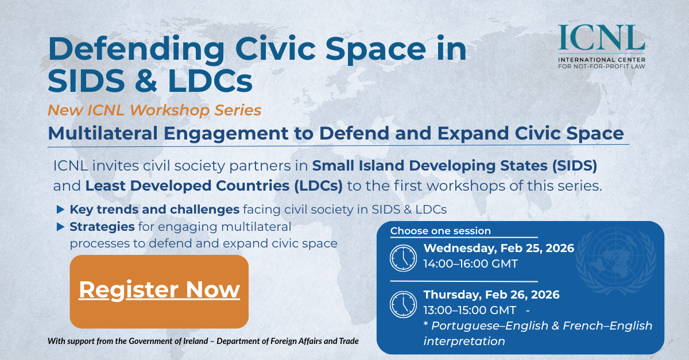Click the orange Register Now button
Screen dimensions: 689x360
tap(159, 291)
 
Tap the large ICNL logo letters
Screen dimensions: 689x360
tap(601, 38)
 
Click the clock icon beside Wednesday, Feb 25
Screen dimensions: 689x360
tap(403, 258)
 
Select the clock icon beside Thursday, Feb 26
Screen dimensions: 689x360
tap(403, 304)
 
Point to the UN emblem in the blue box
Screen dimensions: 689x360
tap(616, 261)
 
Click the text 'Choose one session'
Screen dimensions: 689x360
tap(440, 231)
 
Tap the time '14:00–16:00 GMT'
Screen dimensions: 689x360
tap(471, 264)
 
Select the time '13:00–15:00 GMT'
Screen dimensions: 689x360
tap(470, 310)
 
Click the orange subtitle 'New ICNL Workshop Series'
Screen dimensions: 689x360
tap(154, 110)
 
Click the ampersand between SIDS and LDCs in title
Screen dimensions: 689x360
tap(146, 80)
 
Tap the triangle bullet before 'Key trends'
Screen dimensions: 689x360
tap(61, 210)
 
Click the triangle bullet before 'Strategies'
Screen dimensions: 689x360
tap(61, 227)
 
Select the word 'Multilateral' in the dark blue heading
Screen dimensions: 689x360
tap(103, 133)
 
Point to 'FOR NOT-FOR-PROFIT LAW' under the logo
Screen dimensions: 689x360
tap(602, 67)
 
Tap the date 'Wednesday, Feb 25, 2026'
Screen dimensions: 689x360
tap(499, 248)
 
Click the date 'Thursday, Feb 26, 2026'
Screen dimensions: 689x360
tap(491, 295)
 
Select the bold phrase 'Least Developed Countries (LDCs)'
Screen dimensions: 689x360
tap(214, 186)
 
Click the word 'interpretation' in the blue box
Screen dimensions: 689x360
tap(464, 341)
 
